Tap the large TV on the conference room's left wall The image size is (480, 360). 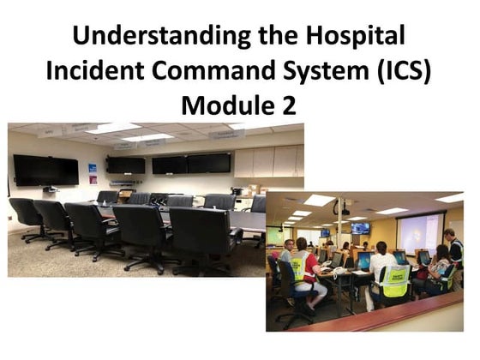[45, 169]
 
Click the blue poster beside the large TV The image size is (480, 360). [93, 168]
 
